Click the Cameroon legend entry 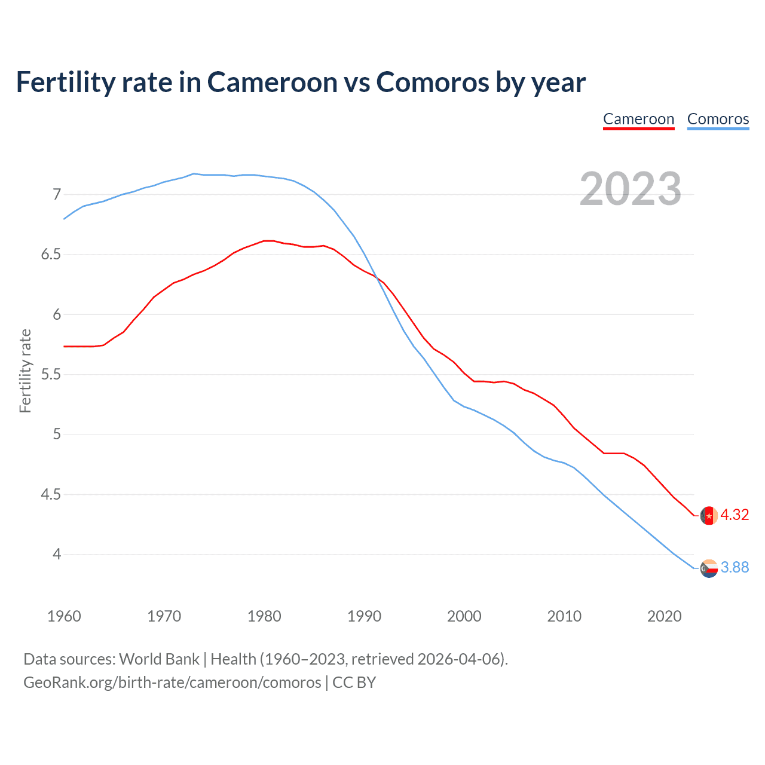tap(638, 120)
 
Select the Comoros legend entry tap(718, 120)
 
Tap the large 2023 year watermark tap(631, 189)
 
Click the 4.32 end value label tap(735, 515)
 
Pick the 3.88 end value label tap(735, 567)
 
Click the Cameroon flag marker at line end tap(709, 515)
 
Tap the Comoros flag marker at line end tap(709, 568)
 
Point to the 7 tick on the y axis tap(57, 194)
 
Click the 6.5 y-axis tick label tap(51, 255)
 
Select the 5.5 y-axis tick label tap(51, 375)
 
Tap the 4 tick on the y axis tap(57, 555)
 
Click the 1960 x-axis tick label tap(64, 616)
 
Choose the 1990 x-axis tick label tap(364, 616)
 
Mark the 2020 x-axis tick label tap(664, 616)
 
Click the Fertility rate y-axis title tap(25, 371)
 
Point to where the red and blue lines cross tap(376, 276)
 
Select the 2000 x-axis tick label tap(464, 616)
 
